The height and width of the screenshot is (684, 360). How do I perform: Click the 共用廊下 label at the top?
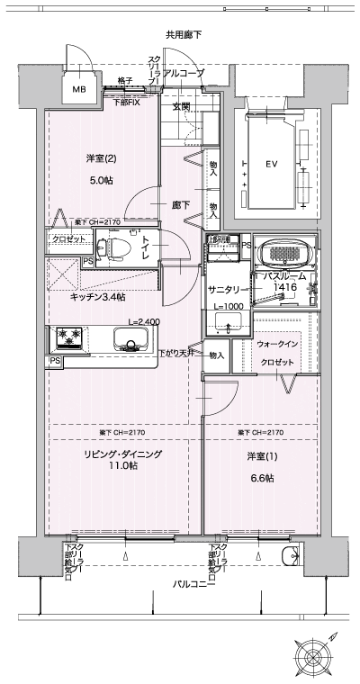coord(183,34)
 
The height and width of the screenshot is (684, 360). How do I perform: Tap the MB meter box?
coord(79,90)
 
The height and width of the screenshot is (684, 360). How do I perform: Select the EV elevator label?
coord(270,165)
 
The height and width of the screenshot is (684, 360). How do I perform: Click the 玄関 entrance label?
coord(181,107)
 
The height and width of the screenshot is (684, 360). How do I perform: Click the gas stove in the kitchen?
coord(69,338)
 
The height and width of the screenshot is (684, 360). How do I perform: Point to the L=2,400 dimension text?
coord(143,321)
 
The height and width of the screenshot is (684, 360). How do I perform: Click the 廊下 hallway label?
coord(180,205)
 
